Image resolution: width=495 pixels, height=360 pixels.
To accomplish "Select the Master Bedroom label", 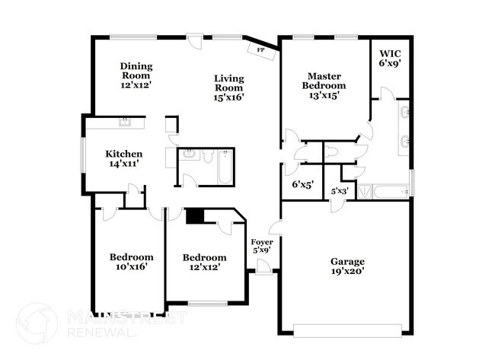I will pyautogui.click(x=327, y=81).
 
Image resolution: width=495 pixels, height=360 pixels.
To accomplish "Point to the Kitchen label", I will pyautogui.click(x=123, y=155).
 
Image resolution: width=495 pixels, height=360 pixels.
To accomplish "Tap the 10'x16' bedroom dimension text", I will pyautogui.click(x=130, y=266).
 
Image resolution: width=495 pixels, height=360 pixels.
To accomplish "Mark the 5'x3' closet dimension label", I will pyautogui.click(x=340, y=191).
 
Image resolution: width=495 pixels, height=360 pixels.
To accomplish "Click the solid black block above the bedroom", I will pyautogui.click(x=195, y=217).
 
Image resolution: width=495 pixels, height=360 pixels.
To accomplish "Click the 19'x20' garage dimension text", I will pyautogui.click(x=346, y=271).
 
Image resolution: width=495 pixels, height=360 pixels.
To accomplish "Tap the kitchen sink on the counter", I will pyautogui.click(x=126, y=121).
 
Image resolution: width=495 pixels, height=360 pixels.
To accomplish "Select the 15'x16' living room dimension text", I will pyautogui.click(x=228, y=97).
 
